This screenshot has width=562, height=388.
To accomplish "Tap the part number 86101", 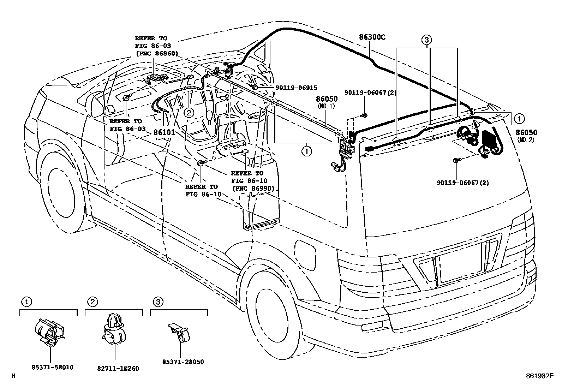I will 165,132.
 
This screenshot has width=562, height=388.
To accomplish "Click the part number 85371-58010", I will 52,367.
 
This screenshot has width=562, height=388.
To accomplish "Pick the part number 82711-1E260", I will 118,369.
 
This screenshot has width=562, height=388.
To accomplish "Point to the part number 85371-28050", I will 183,362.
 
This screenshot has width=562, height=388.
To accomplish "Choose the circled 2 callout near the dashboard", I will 189,113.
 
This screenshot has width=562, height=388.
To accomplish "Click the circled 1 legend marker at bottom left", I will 26,302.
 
